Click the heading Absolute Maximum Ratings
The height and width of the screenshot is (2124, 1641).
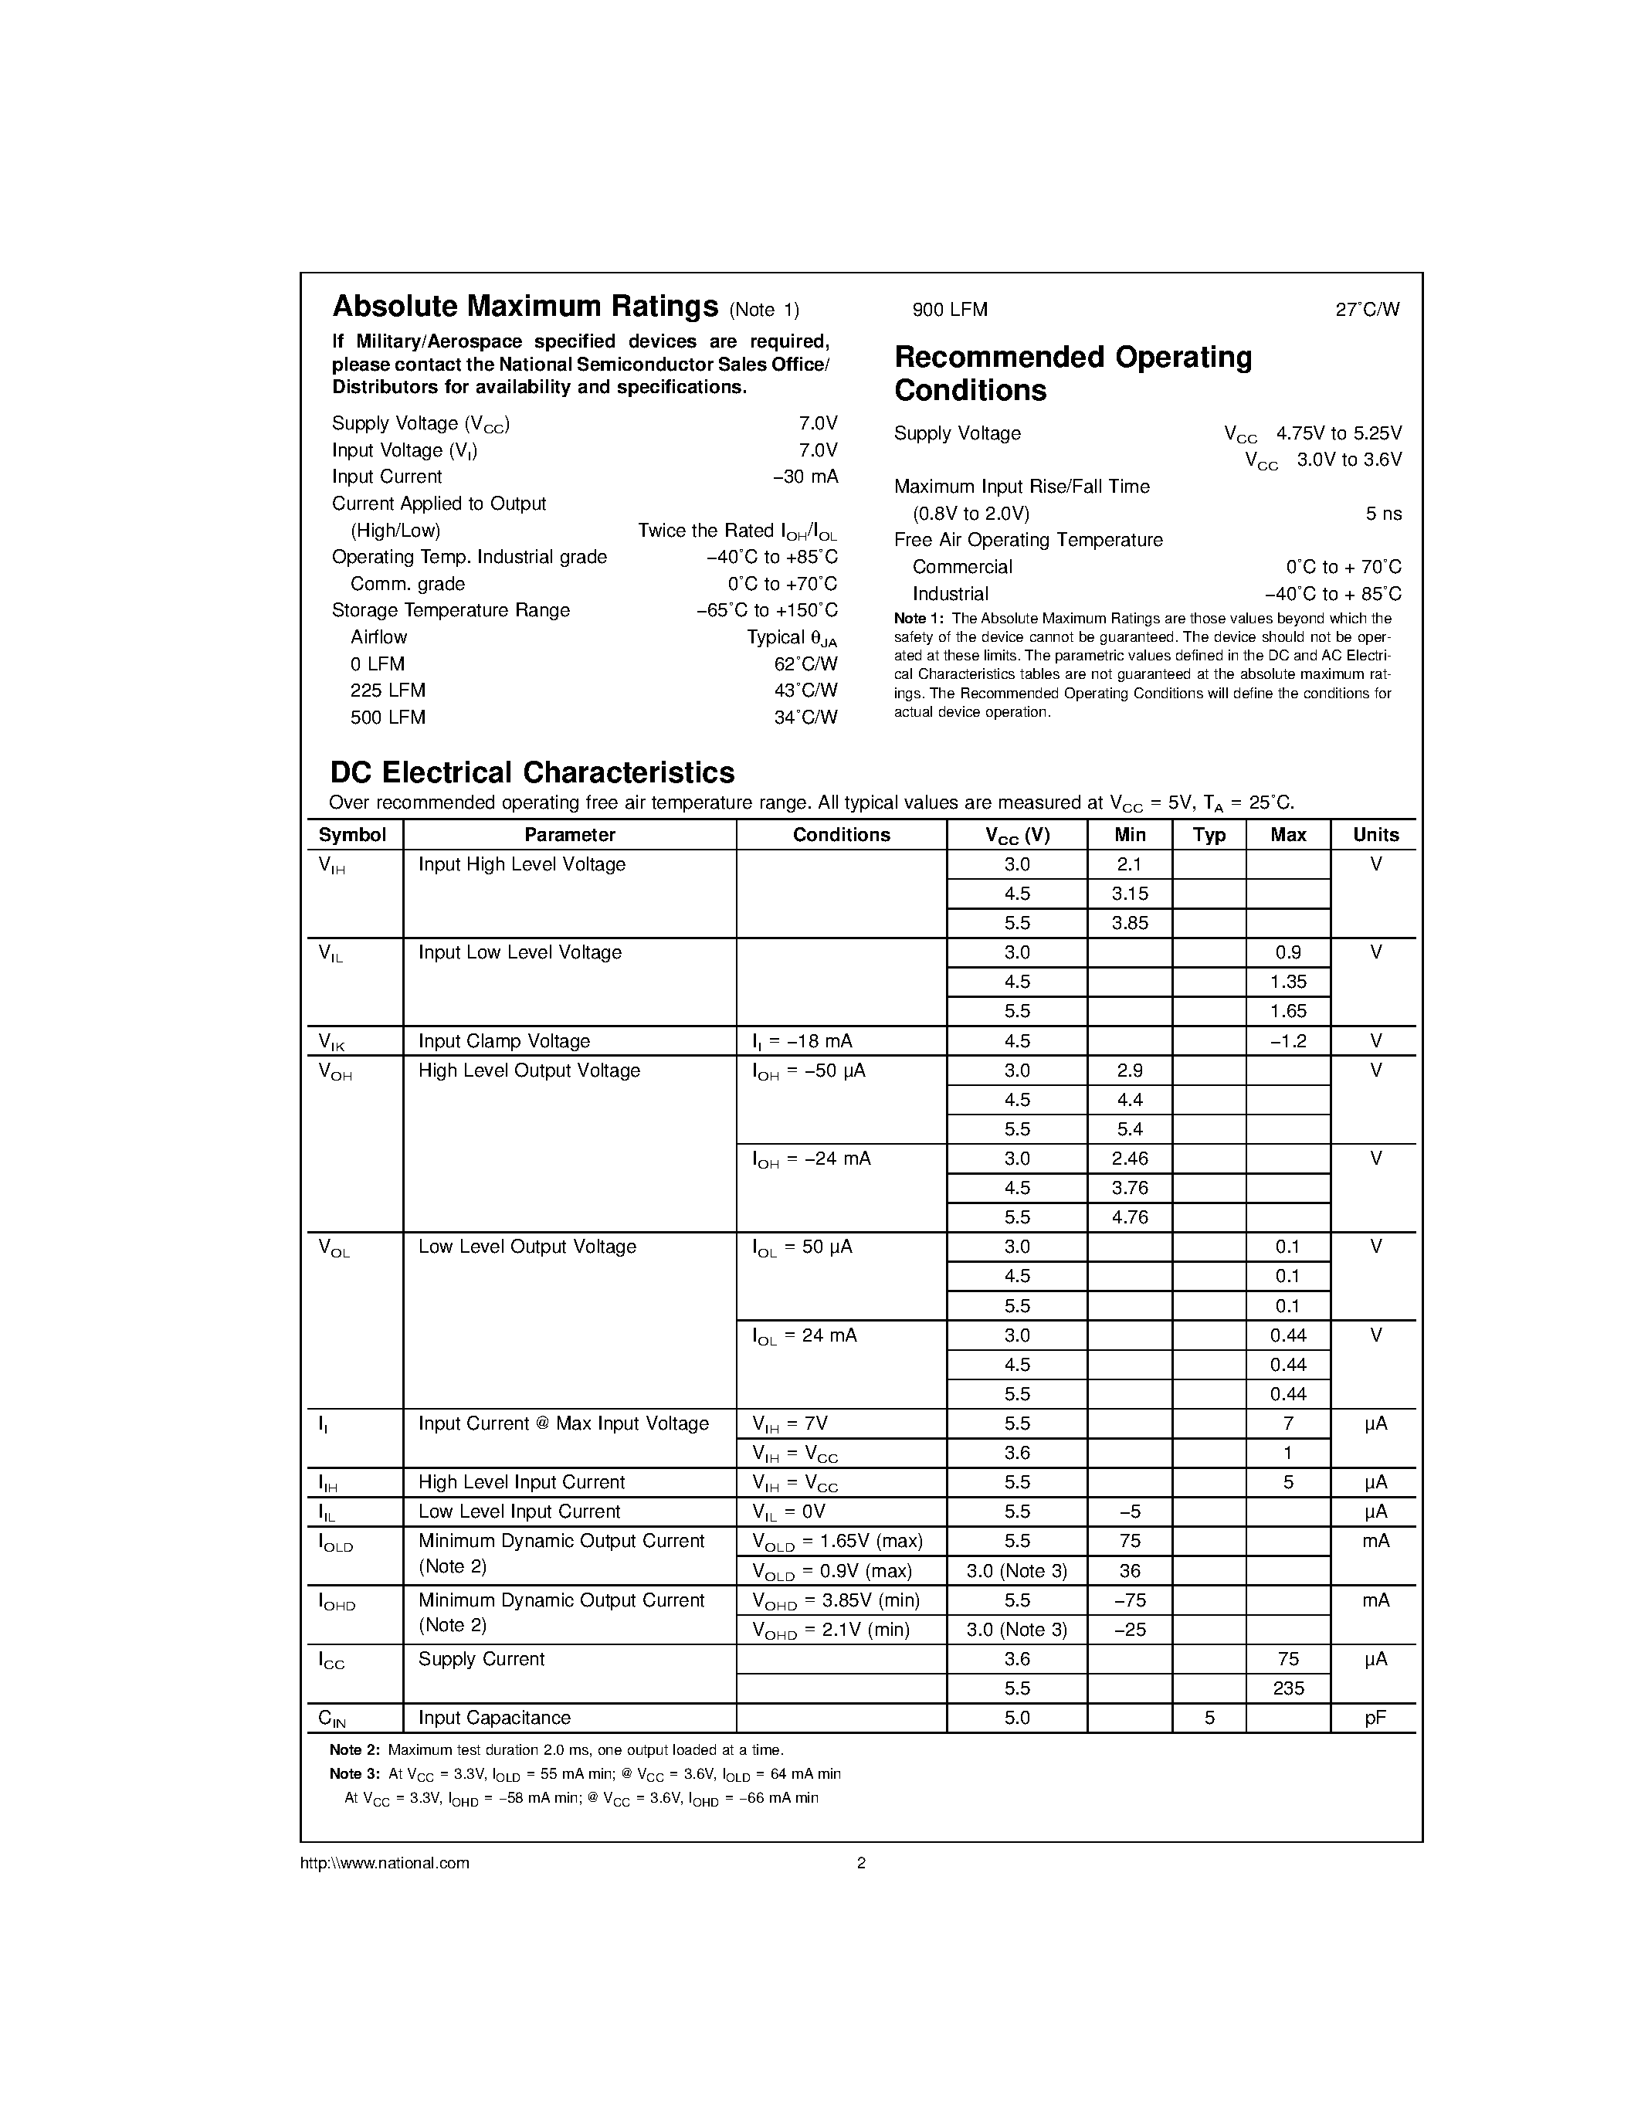coord(525,307)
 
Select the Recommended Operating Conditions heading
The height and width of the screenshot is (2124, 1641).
coord(1073,374)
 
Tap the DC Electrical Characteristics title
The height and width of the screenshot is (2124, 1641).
coord(532,772)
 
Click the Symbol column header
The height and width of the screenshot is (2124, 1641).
coord(352,834)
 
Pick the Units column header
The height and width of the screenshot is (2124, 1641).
coord(1375,834)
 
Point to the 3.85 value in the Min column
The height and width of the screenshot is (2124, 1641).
coord(1129,923)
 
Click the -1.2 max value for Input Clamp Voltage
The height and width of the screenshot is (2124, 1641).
coord(1287,1040)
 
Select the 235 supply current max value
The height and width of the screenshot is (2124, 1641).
coord(1287,1688)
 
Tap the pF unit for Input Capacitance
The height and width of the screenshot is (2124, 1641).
coord(1375,1718)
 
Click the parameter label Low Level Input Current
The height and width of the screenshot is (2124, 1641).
coord(519,1512)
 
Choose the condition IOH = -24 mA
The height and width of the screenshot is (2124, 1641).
coord(812,1159)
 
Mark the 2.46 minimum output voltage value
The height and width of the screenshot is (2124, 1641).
coord(1129,1159)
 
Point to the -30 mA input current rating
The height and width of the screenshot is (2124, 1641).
coord(804,477)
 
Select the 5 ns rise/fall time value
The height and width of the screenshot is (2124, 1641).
coord(1382,514)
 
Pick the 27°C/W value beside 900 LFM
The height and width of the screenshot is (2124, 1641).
coord(1367,309)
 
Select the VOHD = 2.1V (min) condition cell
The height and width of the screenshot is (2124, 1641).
coord(830,1630)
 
